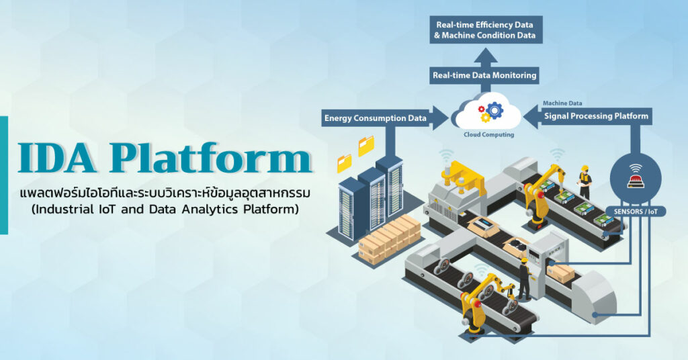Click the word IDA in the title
(57, 157)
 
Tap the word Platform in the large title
(210, 157)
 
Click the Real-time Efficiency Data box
(486, 30)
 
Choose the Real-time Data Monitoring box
(484, 75)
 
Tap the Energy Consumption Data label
(375, 118)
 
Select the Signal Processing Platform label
(596, 116)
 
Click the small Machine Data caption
(562, 103)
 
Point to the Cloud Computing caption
(489, 134)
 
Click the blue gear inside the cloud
(494, 110)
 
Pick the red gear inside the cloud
(481, 109)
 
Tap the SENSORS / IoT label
(636, 212)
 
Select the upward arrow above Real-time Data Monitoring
(485, 58)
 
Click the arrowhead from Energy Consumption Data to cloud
(441, 118)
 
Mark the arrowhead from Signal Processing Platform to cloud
(531, 116)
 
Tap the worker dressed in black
(524, 279)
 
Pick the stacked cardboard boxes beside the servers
(389, 238)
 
